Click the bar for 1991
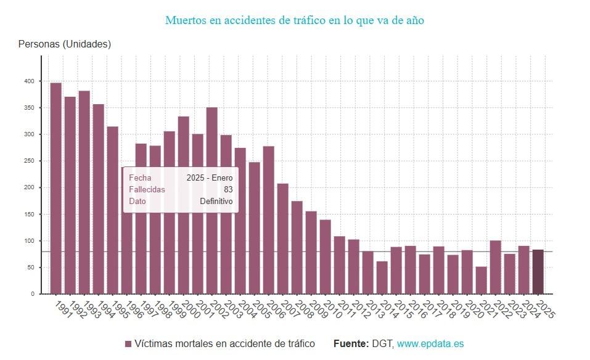[55, 188]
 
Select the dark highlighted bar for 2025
[538, 271]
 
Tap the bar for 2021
[481, 280]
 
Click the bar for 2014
[382, 277]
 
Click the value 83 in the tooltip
[228, 190]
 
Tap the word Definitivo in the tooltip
[216, 202]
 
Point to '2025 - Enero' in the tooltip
[210, 178]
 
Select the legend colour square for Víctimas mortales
[128, 344]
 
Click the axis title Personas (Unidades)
[65, 44]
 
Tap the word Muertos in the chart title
[186, 20]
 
